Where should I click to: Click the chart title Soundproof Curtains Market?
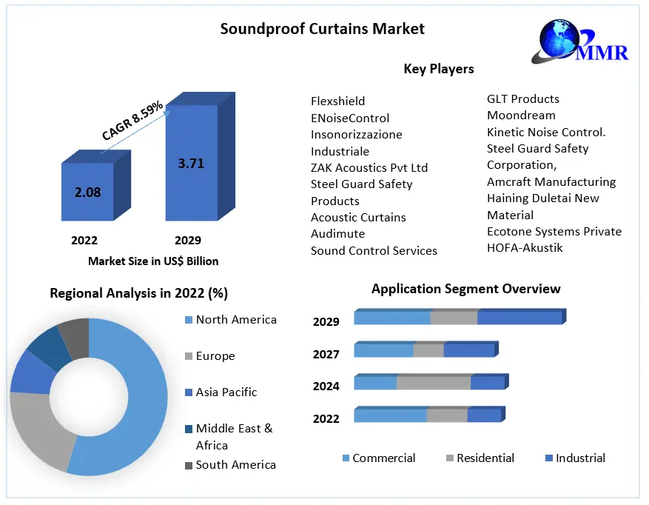pos(323,29)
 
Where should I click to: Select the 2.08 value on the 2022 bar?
pos(87,193)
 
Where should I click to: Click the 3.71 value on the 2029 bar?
pos(191,164)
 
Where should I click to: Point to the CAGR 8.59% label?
pos(132,121)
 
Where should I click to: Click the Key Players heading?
pos(438,69)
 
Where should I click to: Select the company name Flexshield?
pos(337,101)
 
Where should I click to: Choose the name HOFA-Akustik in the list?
pos(525,248)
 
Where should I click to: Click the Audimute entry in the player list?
pos(337,234)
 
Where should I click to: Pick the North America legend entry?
pos(235,320)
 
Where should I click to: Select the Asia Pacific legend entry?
pos(226,392)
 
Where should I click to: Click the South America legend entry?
pos(235,465)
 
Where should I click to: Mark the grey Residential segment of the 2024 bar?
pos(434,383)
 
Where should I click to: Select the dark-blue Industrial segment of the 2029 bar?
pos(519,318)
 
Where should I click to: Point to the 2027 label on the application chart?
pos(326,355)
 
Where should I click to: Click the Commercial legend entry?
pos(383,458)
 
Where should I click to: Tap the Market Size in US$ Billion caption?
pos(153,261)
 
